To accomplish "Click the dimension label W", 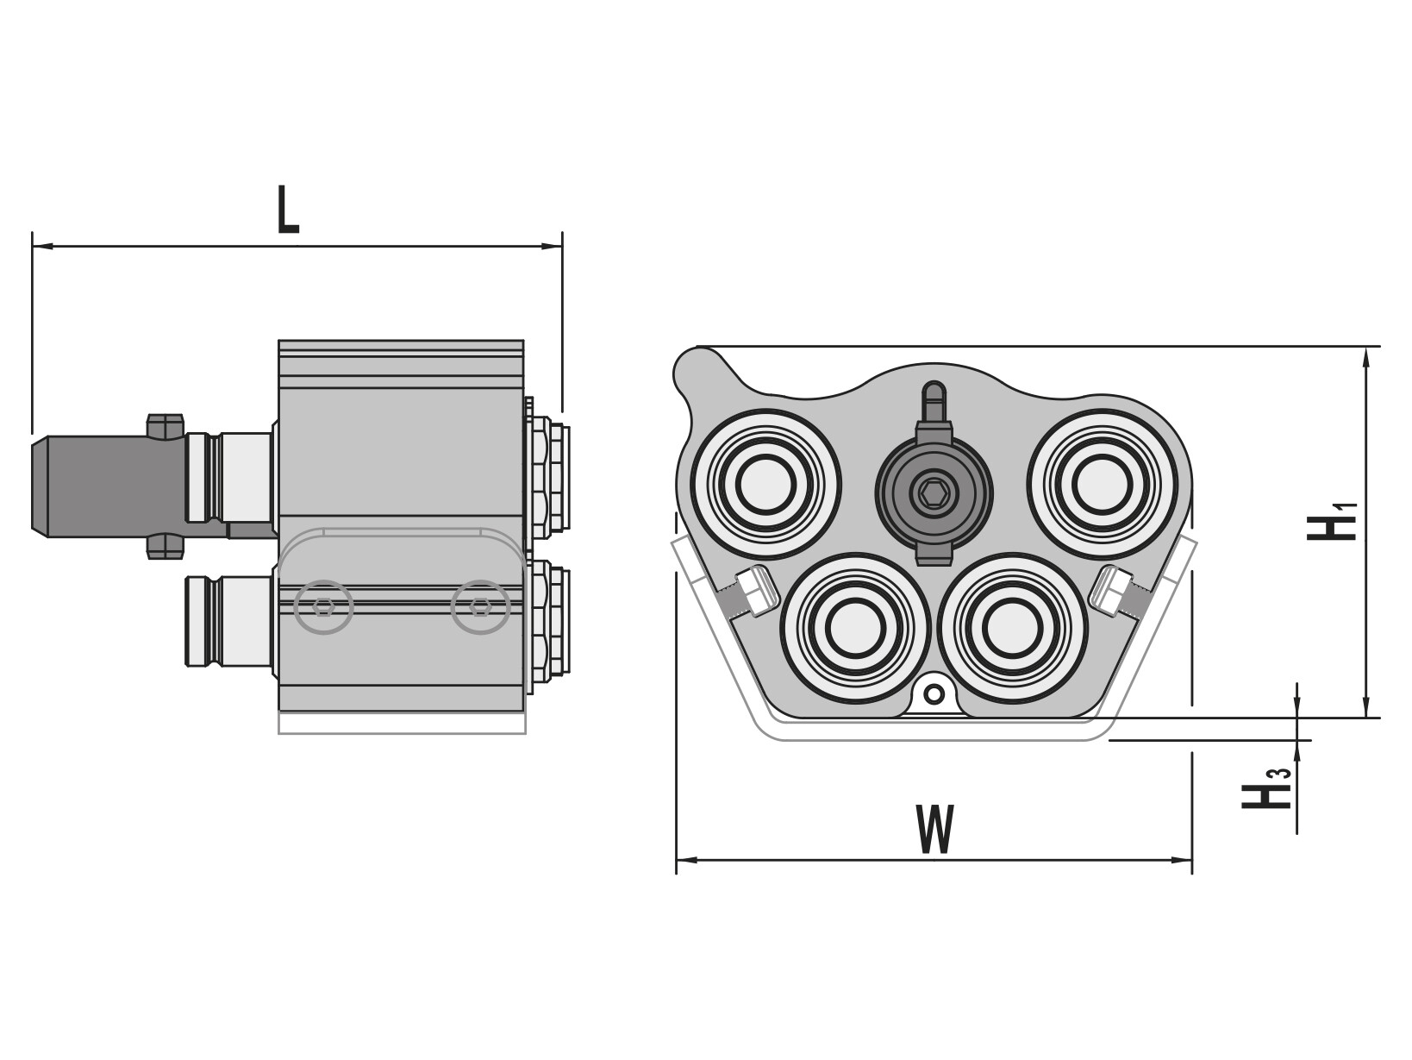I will (x=935, y=829).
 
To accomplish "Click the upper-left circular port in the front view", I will (x=765, y=484).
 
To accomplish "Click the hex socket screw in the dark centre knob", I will (x=934, y=494).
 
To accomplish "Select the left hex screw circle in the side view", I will (x=323, y=606).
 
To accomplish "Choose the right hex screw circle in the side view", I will (x=480, y=606).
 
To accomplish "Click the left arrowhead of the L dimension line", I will (x=40, y=247).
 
